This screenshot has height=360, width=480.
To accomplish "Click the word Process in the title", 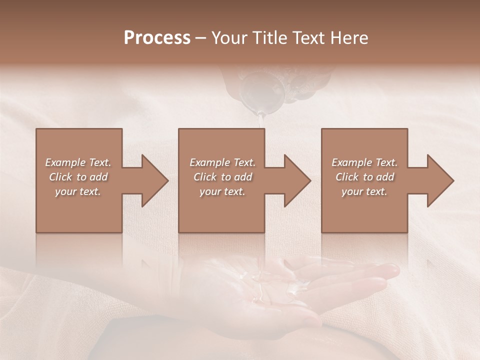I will pyautogui.click(x=157, y=38).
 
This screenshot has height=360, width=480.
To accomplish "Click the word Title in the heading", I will pyautogui.click(x=269, y=38).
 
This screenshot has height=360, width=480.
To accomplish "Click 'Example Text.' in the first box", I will pyautogui.click(x=78, y=162).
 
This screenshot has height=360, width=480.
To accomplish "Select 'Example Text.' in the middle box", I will pyautogui.click(x=222, y=162).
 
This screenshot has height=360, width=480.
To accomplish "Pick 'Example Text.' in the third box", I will pyautogui.click(x=364, y=162).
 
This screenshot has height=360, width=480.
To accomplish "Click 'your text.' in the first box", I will pyautogui.click(x=78, y=191).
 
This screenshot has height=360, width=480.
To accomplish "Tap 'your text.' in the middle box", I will pyautogui.click(x=222, y=191).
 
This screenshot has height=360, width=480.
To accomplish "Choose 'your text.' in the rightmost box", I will pyautogui.click(x=364, y=191).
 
